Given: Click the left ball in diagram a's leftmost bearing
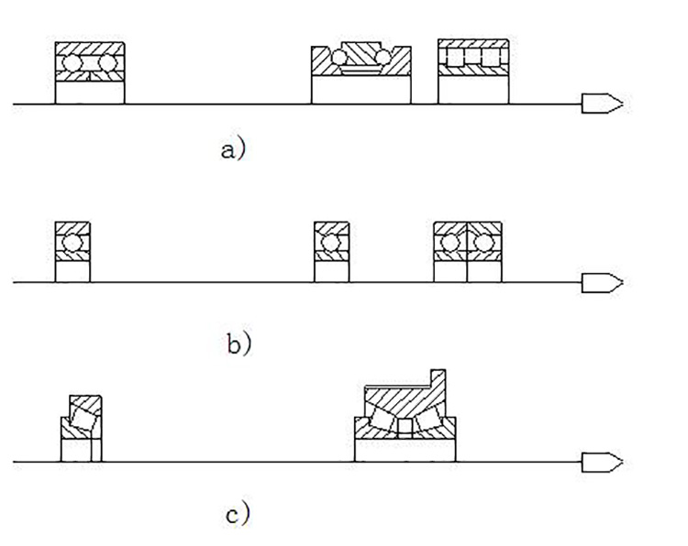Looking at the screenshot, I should coord(72,63).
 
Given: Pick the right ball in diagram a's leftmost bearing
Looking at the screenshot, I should coord(106,63).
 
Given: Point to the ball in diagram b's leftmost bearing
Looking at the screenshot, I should coord(72,243).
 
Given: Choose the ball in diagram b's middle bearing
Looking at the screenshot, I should coord(331,243).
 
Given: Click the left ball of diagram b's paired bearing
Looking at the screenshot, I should coord(450,243).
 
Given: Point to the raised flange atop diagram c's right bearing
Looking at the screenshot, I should coord(437,378).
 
